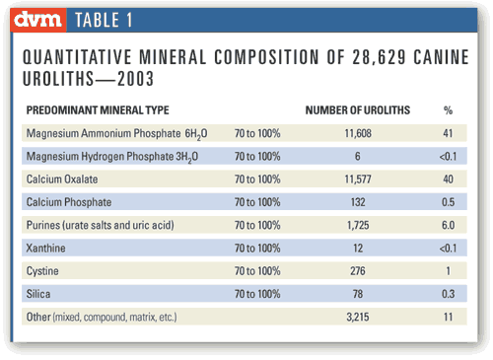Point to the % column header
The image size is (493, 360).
click(449, 109)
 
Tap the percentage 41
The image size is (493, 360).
click(449, 131)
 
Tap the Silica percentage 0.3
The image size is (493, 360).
click(449, 293)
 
